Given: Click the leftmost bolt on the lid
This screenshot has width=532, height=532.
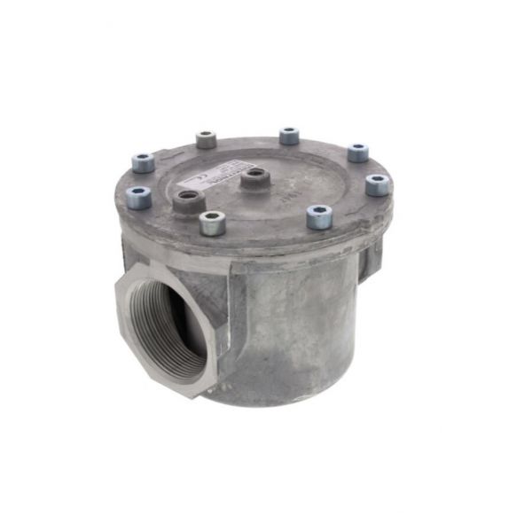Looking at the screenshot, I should [143, 162].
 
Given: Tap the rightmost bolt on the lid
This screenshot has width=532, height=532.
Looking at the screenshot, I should [377, 184].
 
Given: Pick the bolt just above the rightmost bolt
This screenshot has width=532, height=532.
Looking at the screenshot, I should [357, 153].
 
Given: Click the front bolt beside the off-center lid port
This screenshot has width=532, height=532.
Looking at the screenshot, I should [213, 223].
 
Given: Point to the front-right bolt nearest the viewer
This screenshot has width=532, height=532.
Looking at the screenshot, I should [318, 216].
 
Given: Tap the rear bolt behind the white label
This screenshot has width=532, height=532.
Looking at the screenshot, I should [207, 139].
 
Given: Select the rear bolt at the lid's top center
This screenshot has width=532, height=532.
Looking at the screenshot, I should [289, 136].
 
